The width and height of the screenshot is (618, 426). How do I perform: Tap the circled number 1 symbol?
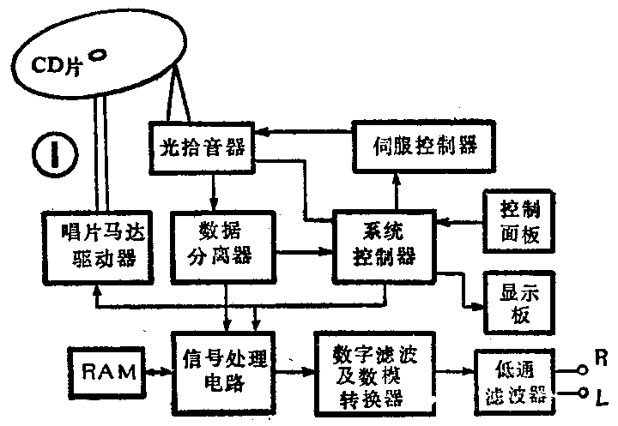(x=52, y=154)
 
